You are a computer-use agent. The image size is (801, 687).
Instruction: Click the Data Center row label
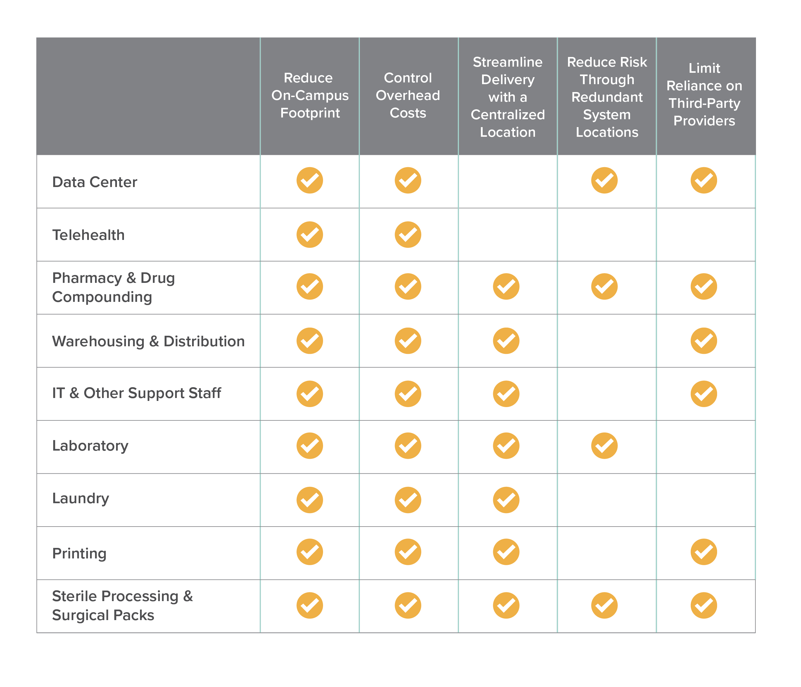pos(95,182)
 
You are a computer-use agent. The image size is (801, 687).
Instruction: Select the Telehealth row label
pos(89,235)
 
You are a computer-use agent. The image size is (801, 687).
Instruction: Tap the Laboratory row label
pos(90,446)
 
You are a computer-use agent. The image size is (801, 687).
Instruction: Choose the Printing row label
pos(79,553)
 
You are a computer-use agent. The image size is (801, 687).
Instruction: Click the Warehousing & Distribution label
pos(149,341)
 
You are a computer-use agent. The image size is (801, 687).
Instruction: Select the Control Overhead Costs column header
pos(408,96)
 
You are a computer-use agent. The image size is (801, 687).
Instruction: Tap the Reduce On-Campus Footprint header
pos(310,96)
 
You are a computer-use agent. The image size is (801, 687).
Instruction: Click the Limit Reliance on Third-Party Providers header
pos(704,95)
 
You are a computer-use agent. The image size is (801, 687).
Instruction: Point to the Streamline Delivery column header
pos(507,97)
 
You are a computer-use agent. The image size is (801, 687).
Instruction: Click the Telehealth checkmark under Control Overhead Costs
pos(408,235)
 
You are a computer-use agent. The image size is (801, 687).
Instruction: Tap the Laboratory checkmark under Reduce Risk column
pos(604,446)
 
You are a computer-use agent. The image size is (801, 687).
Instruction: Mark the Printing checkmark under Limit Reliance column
pos(704,552)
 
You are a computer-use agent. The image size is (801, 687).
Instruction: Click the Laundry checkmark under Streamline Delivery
pos(506,500)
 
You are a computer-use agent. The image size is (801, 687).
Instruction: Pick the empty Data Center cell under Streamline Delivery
pos(507,181)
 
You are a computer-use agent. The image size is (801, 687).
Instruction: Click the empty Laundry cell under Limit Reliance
pos(705,500)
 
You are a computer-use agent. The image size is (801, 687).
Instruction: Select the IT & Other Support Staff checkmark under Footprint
pos(310,394)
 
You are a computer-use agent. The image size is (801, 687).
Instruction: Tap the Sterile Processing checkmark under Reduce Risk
pos(604,605)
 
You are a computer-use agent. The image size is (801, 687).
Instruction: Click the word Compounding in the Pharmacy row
pos(102,297)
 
